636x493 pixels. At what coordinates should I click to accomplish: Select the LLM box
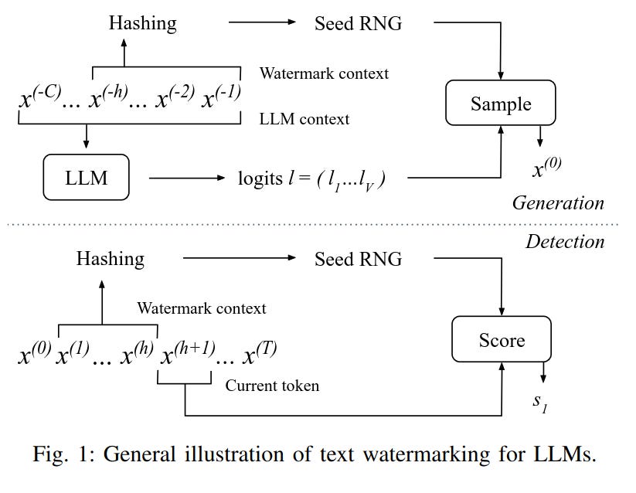pyautogui.click(x=86, y=178)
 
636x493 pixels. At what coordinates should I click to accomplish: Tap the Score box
pyautogui.click(x=502, y=340)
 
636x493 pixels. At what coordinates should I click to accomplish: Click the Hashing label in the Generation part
pyautogui.click(x=142, y=23)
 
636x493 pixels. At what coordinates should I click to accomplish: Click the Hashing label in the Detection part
pyautogui.click(x=110, y=258)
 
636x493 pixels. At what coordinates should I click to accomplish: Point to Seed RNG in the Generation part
pyautogui.click(x=358, y=23)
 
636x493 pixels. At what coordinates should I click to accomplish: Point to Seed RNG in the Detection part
pyautogui.click(x=358, y=258)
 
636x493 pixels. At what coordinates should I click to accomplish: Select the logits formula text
pyautogui.click(x=311, y=179)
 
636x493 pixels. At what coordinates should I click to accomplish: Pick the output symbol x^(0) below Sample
pyautogui.click(x=546, y=167)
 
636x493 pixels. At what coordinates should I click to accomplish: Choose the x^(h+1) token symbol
pyautogui.click(x=185, y=354)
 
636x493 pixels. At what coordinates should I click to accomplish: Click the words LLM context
pyautogui.click(x=304, y=119)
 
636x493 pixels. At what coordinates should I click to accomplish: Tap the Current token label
pyautogui.click(x=271, y=386)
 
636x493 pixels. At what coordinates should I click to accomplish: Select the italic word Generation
pyautogui.click(x=557, y=203)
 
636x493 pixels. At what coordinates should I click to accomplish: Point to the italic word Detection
pyautogui.click(x=564, y=242)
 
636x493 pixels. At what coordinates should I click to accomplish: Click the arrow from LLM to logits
pyautogui.click(x=185, y=178)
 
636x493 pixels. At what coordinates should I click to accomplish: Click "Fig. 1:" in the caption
pyautogui.click(x=64, y=454)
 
